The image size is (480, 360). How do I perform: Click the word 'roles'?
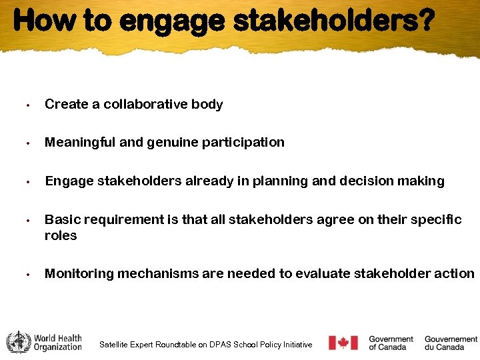(61, 235)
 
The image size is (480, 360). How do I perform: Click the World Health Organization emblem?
(18, 342)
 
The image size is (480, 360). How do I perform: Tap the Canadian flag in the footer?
(343, 343)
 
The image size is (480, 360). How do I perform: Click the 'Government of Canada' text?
(391, 343)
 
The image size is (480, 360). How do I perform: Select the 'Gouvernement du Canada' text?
(451, 343)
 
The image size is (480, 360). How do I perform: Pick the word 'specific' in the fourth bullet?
(435, 219)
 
